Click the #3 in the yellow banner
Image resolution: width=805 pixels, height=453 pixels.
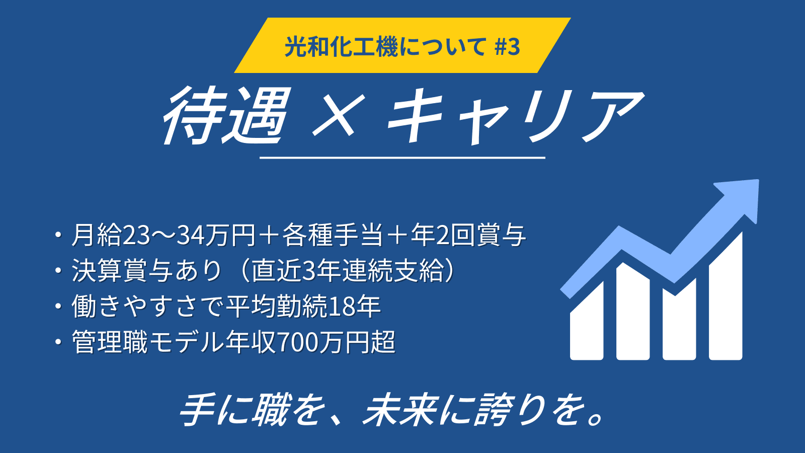pyautogui.click(x=507, y=47)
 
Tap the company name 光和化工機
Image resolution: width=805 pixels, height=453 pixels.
pyautogui.click(x=341, y=47)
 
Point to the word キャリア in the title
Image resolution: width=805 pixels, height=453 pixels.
pyautogui.click(x=515, y=116)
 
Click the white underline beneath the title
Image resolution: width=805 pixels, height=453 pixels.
pyautogui.click(x=402, y=158)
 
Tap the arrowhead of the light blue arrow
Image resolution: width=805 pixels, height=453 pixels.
pyautogui.click(x=740, y=199)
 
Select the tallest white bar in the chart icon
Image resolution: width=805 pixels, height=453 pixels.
pyautogui.click(x=725, y=296)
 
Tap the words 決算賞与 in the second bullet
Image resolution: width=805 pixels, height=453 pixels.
pyautogui.click(x=122, y=271)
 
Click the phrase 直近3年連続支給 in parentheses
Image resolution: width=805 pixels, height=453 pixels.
pyautogui.click(x=346, y=271)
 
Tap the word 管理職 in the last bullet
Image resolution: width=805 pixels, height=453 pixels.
pyautogui.click(x=110, y=342)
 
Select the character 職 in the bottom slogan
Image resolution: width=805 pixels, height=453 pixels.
pyautogui.click(x=270, y=410)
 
